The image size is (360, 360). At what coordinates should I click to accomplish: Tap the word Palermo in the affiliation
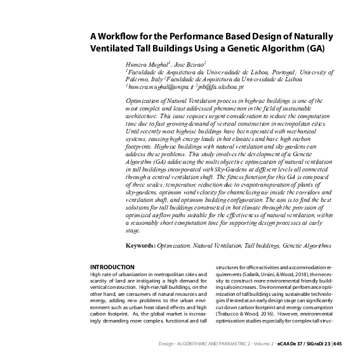click(x=140, y=80)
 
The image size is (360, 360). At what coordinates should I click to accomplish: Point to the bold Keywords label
click(x=140, y=244)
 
